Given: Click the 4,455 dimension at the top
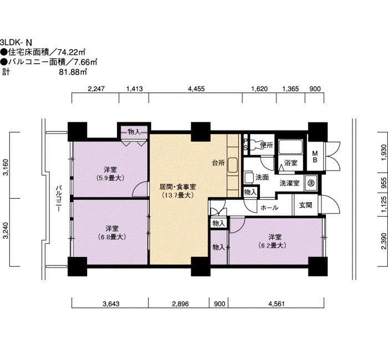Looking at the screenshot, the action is pyautogui.click(x=196, y=89).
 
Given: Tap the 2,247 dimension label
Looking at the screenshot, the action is pyautogui.click(x=96, y=89).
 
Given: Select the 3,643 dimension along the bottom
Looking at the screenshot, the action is pyautogui.click(x=111, y=304).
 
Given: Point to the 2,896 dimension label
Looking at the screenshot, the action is pyautogui.click(x=180, y=304).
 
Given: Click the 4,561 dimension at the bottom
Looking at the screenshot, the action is pyautogui.click(x=276, y=304).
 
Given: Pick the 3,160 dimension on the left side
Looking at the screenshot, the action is pyautogui.click(x=6, y=167).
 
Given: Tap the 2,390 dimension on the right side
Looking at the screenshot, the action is pyautogui.click(x=384, y=241).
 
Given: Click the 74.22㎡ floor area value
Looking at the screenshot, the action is pyautogui.click(x=72, y=52).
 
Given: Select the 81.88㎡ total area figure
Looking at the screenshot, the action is pyautogui.click(x=73, y=72).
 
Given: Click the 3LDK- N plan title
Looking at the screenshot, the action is pyautogui.click(x=16, y=42).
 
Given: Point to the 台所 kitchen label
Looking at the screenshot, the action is pyautogui.click(x=218, y=163).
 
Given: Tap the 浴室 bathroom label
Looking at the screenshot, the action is pyautogui.click(x=291, y=163).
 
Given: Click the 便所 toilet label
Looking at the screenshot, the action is pyautogui.click(x=267, y=145).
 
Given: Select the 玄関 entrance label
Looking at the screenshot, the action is pyautogui.click(x=305, y=205).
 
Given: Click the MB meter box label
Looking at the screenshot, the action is pyautogui.click(x=315, y=157).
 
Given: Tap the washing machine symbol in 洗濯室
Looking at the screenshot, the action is pyautogui.click(x=311, y=183).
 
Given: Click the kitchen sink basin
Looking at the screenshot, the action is pyautogui.click(x=232, y=165).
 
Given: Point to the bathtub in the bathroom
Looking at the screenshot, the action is pyautogui.click(x=291, y=147).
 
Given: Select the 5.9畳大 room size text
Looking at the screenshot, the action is pyautogui.click(x=110, y=178).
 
